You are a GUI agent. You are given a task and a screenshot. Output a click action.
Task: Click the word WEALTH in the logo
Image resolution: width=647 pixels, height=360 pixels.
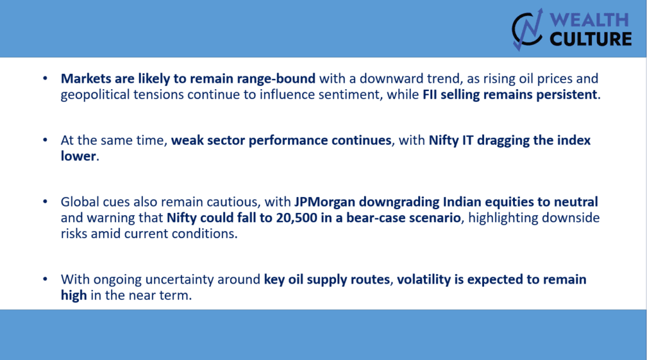pos(589,20)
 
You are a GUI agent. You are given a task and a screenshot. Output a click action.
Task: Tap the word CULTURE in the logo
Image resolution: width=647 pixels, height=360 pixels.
pos(591,39)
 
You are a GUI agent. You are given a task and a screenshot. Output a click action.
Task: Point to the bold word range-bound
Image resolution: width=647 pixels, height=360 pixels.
pos(275,79)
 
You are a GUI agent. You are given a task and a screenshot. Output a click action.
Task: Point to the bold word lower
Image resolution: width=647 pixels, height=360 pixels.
pos(78,156)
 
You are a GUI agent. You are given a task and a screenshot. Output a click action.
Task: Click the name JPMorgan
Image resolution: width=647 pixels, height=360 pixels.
pos(325,202)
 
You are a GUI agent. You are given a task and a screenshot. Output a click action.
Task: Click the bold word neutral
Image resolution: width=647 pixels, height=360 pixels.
pos(576,201)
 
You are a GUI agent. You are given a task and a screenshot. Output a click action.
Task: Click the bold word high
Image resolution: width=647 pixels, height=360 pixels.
pos(74,295)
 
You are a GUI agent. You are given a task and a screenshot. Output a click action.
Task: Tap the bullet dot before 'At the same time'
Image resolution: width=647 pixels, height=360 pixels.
pos(45,140)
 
